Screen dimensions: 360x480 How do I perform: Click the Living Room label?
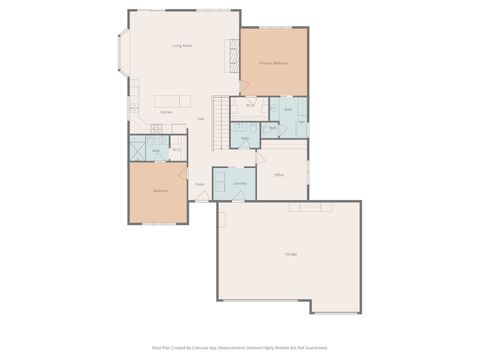tap(181, 46)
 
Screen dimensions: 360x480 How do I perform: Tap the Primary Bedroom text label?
tap(273, 63)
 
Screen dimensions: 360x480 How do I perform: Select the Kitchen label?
tap(166, 112)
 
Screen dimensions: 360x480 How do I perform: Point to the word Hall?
tap(201, 119)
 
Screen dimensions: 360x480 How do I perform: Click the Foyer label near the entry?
tap(199, 184)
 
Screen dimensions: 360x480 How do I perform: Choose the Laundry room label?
tap(239, 184)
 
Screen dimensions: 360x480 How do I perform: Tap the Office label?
tap(279, 175)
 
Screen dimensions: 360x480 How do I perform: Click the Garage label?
tap(290, 254)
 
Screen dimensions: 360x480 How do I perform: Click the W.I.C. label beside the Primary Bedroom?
tap(249, 104)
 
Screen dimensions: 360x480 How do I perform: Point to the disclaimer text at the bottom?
tap(239, 348)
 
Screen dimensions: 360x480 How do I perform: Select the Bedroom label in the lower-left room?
tap(160, 191)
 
